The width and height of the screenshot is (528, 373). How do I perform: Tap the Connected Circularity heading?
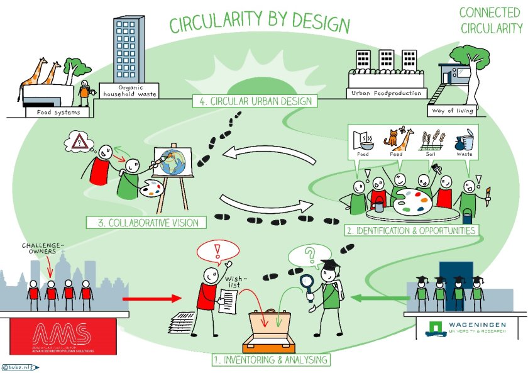coord(491,20)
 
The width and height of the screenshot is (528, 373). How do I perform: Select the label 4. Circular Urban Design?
coord(255,101)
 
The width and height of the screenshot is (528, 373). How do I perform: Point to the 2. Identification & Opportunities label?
coord(411,231)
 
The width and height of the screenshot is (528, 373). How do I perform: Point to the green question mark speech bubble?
coord(309,256)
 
